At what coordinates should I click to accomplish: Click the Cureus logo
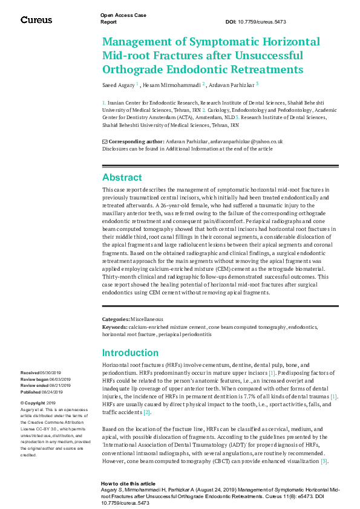point(36,19)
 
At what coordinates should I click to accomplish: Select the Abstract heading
point(122,177)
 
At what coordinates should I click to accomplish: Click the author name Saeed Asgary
point(118,85)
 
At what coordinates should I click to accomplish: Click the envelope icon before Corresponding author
point(105,141)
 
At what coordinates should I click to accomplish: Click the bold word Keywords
point(115,326)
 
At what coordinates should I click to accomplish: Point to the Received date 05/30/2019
point(45,373)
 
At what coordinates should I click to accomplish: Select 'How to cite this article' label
point(129,484)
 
